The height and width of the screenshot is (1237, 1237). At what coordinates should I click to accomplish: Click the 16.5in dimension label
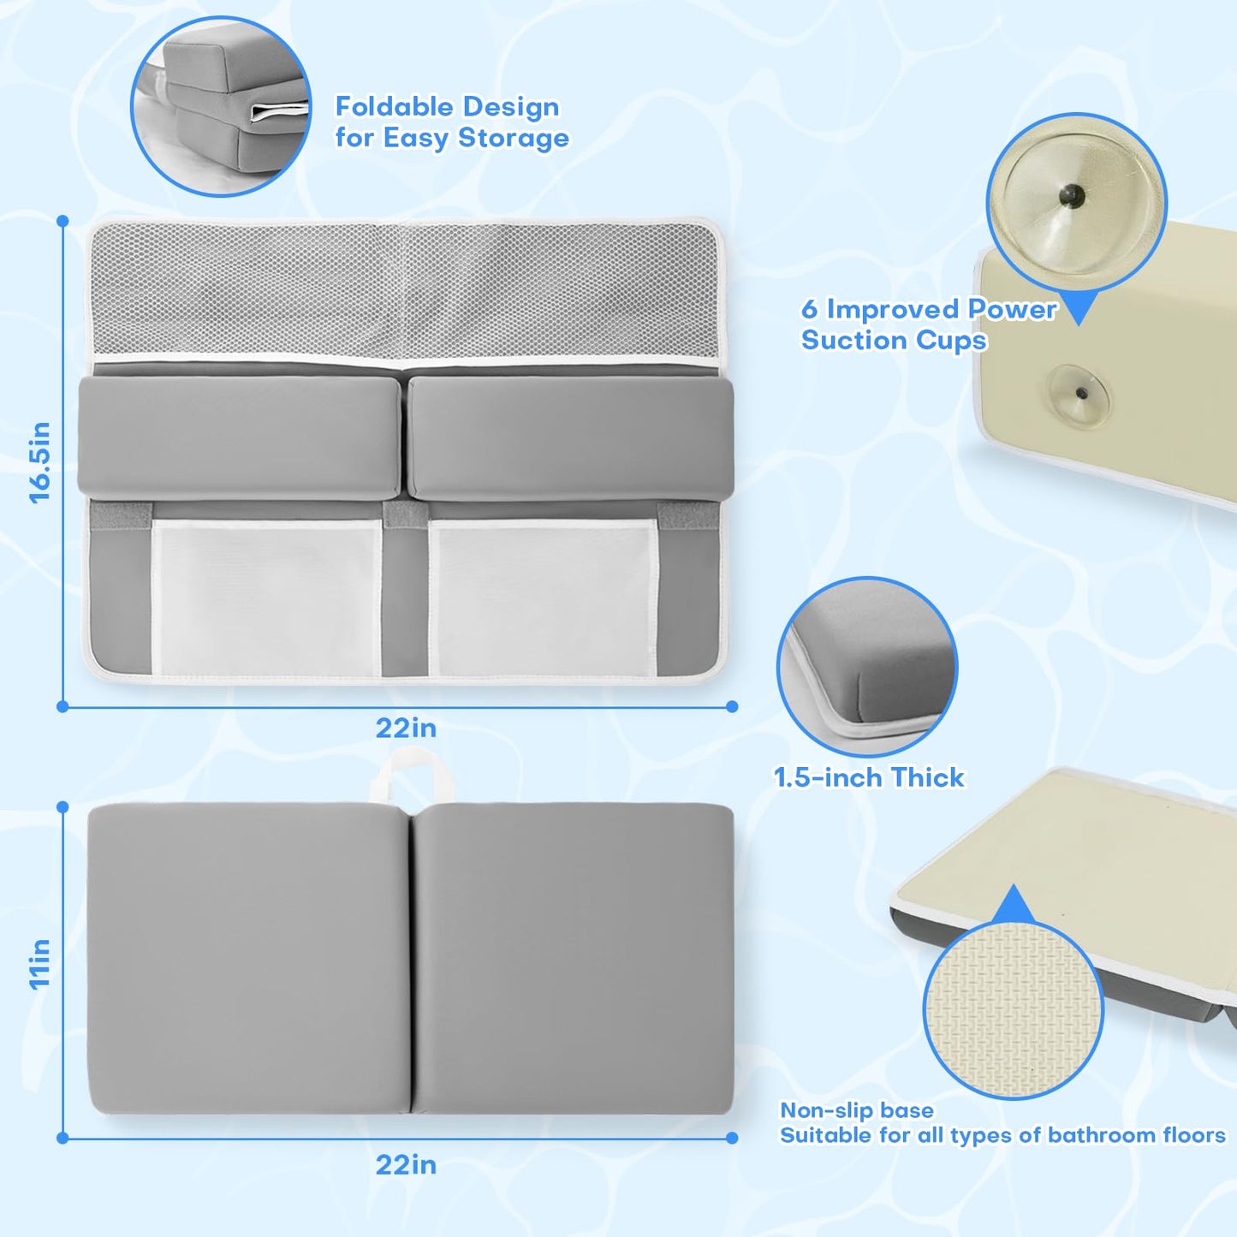pyautogui.click(x=40, y=463)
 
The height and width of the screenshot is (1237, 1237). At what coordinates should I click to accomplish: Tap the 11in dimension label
pyautogui.click(x=40, y=965)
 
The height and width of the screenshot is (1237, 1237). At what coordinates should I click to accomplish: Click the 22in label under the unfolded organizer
pyautogui.click(x=406, y=729)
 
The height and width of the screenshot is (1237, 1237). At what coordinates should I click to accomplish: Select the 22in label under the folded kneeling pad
pyautogui.click(x=406, y=1165)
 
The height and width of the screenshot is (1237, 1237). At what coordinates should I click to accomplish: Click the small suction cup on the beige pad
pyautogui.click(x=1079, y=394)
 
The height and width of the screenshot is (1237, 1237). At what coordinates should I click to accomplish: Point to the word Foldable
pyautogui.click(x=393, y=107)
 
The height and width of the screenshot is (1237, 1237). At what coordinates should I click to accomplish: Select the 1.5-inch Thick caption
pyautogui.click(x=869, y=777)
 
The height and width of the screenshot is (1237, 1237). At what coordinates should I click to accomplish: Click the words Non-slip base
pyautogui.click(x=856, y=1110)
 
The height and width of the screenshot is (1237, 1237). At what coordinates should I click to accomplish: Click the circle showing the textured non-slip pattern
pyautogui.click(x=1013, y=1011)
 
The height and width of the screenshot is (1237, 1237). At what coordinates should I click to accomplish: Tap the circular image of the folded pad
pyautogui.click(x=221, y=106)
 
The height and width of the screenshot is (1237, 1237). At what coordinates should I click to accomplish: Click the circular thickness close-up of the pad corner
pyautogui.click(x=866, y=667)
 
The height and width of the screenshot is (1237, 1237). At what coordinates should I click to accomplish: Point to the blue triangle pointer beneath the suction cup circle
pyautogui.click(x=1079, y=309)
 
